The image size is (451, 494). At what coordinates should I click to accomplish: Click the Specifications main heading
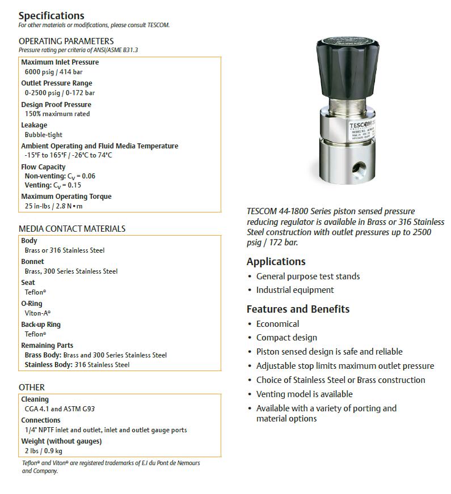point(51,15)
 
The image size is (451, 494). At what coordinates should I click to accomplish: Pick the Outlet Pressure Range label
point(57,83)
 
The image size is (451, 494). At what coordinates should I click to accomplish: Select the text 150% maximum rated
point(57,114)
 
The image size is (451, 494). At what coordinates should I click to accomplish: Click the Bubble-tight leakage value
point(44,135)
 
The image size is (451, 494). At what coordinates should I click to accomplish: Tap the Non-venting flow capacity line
point(60,176)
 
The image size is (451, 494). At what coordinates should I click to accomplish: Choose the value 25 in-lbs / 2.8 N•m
point(53,206)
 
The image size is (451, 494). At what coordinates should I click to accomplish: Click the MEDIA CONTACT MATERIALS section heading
point(72,229)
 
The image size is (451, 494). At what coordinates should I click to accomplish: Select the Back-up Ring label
point(41,325)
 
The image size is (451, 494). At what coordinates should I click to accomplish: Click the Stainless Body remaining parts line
point(77,365)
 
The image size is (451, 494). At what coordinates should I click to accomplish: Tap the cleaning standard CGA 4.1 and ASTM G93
point(56,408)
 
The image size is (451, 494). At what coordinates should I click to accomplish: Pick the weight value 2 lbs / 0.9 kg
point(44,451)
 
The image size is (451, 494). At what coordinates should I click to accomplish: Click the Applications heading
point(276,262)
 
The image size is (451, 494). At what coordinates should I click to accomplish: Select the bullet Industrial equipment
point(295,290)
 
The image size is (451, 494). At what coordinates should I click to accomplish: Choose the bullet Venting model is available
point(304,394)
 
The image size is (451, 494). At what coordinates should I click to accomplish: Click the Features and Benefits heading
point(298,309)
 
